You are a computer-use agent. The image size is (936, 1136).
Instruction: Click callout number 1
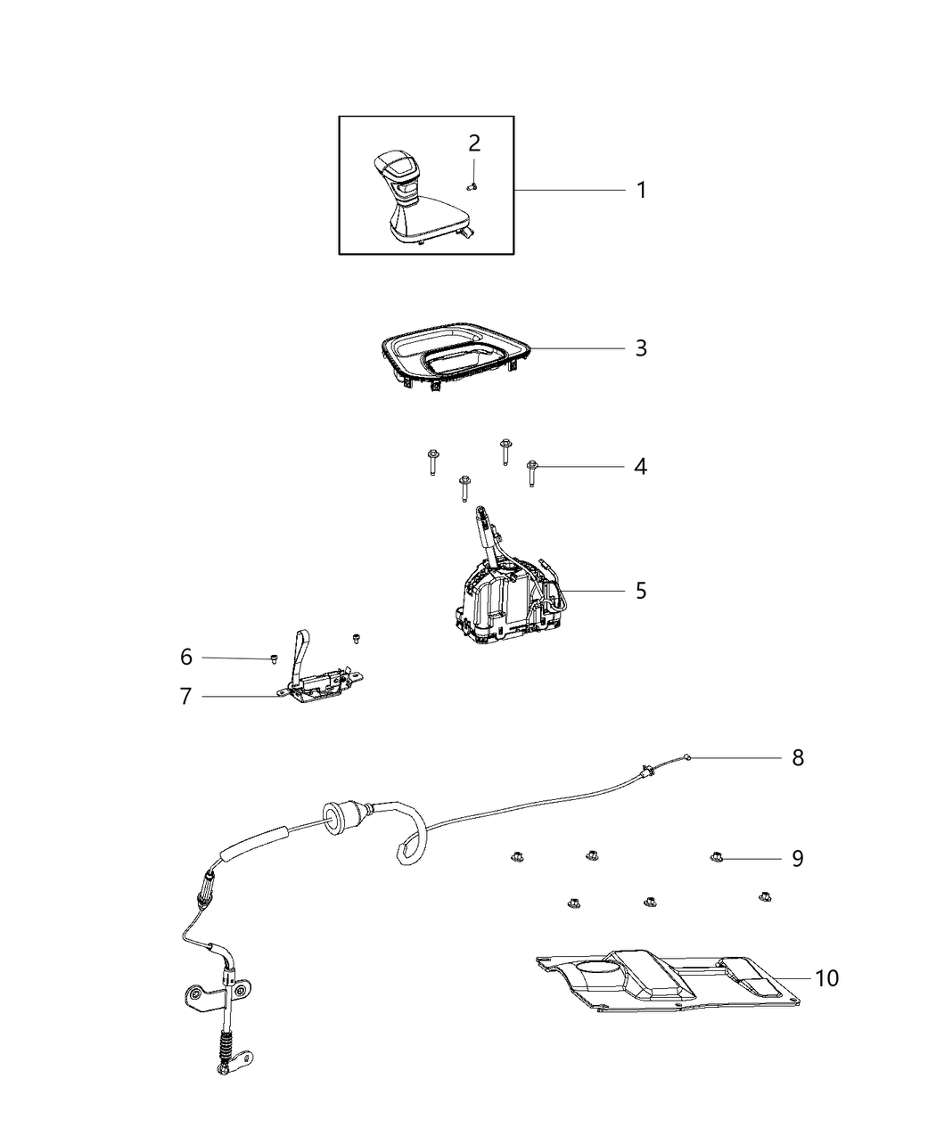pos(640,190)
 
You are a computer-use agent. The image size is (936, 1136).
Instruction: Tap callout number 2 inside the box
pos(474,143)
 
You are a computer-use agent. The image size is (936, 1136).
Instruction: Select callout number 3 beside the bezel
pos(640,347)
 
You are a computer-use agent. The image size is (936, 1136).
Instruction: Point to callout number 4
pos(640,466)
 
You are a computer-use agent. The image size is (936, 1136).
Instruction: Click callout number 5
pos(640,590)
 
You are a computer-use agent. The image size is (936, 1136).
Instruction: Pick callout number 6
pos(185,658)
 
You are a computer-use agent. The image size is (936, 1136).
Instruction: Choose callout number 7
pos(185,696)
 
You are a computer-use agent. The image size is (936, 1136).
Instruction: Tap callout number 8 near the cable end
pos(797,757)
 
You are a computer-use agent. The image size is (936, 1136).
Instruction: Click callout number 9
pos(797,858)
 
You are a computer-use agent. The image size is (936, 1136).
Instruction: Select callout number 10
pos(826,977)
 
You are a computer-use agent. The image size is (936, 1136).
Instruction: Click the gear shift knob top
pos(394,166)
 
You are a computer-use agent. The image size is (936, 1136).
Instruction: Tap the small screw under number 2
pos(473,185)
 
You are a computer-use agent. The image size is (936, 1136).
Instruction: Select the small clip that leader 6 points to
pos(273,658)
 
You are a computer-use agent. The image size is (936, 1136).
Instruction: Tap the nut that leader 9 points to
pos(715,857)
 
